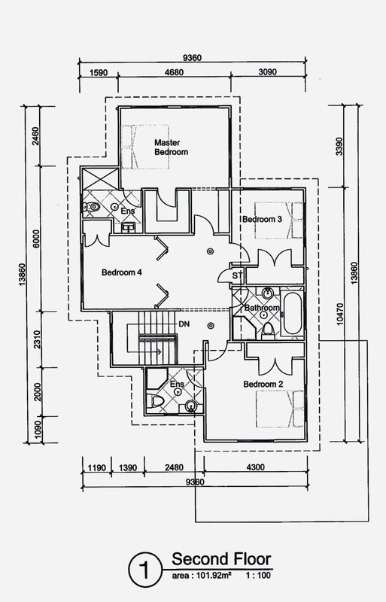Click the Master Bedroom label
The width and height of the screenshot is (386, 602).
click(x=172, y=147)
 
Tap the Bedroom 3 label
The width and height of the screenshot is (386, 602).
click(x=262, y=219)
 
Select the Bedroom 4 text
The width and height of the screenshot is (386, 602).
click(x=122, y=272)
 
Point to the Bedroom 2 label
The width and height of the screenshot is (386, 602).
click(x=263, y=385)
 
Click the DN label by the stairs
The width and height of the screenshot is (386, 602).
click(x=184, y=324)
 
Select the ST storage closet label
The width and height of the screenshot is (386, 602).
click(x=237, y=275)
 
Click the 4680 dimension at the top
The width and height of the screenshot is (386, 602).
click(x=174, y=72)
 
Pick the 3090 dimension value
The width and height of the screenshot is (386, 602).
click(x=267, y=71)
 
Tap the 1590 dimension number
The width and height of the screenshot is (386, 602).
click(x=99, y=72)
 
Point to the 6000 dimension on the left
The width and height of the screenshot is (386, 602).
click(x=36, y=239)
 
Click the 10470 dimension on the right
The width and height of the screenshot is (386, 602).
click(x=339, y=315)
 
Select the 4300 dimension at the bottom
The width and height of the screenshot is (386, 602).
click(x=255, y=467)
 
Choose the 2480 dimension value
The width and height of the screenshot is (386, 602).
click(x=174, y=467)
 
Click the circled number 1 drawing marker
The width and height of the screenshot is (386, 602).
click(x=145, y=570)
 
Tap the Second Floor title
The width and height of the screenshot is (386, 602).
click(x=221, y=559)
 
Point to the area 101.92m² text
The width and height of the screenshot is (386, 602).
click(x=201, y=575)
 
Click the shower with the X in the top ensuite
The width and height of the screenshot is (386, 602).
click(x=101, y=178)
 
